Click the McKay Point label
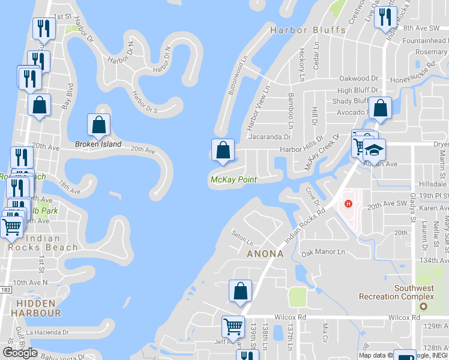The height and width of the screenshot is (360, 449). [234, 179]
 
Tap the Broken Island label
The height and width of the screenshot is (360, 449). [98, 144]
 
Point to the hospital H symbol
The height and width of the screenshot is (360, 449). [348, 204]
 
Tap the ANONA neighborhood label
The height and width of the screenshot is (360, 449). [264, 254]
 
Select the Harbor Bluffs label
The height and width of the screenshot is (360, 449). [308, 30]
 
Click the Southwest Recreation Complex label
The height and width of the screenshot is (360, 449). [396, 292]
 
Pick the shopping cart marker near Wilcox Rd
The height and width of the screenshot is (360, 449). [233, 327]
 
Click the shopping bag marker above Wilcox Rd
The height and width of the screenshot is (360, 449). [240, 292]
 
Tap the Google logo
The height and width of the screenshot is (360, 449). [20, 352]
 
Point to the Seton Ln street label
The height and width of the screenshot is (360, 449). [243, 239]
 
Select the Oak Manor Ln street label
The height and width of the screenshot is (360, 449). [324, 253]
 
